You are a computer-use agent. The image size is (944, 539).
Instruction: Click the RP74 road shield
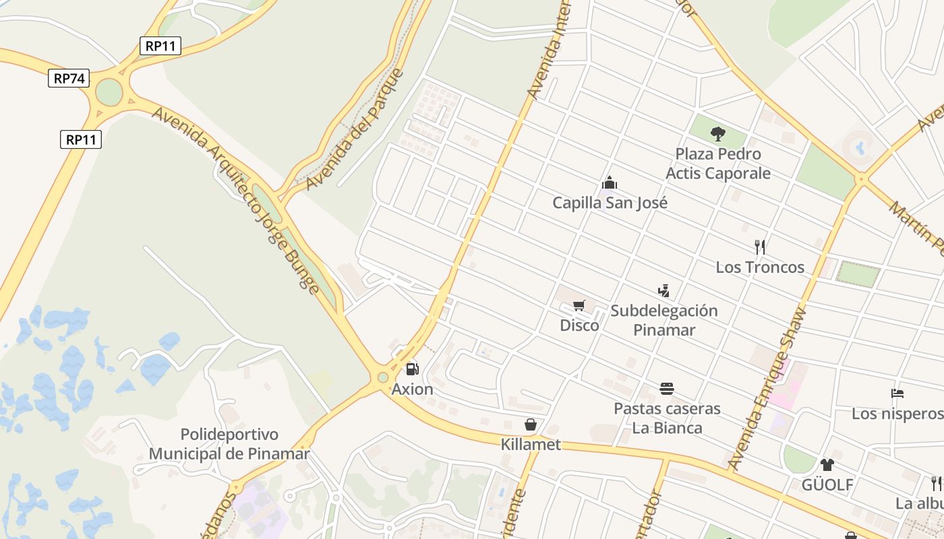click(69, 78)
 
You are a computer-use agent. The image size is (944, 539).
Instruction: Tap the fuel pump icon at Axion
click(412, 369)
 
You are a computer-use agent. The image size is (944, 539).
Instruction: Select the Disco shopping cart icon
click(579, 306)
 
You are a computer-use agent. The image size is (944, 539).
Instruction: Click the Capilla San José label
click(610, 203)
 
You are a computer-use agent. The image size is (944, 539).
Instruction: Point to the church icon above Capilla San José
click(610, 183)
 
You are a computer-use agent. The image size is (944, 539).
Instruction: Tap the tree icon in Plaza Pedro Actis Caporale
click(718, 134)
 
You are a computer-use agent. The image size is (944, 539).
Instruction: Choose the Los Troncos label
click(760, 267)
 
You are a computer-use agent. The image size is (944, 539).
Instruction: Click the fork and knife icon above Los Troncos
click(760, 247)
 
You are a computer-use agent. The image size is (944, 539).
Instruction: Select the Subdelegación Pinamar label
click(664, 320)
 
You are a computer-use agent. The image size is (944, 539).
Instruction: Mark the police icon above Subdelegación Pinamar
click(664, 290)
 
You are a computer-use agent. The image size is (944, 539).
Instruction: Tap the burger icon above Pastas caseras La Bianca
click(667, 389)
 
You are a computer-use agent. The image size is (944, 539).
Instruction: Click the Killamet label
click(531, 445)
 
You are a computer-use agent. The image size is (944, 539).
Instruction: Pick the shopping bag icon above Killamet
click(531, 424)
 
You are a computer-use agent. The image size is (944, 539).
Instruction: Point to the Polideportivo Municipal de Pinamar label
click(229, 444)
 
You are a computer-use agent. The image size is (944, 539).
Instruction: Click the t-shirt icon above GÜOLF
click(827, 464)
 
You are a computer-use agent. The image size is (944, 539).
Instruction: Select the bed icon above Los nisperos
click(897, 393)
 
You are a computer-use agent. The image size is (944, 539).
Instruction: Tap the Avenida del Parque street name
click(354, 129)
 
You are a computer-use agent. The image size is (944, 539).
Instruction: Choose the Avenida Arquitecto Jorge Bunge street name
click(235, 200)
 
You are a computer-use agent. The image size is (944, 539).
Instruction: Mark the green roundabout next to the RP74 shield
click(109, 93)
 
